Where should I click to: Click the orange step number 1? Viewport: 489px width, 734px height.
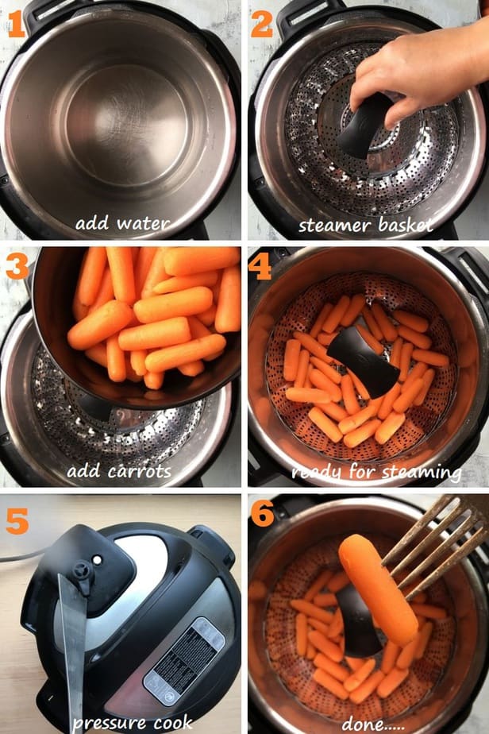pyautogui.click(x=16, y=25)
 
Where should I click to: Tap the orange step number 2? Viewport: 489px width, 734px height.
pyautogui.click(x=261, y=25)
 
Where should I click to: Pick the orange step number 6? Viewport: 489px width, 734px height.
pyautogui.click(x=263, y=513)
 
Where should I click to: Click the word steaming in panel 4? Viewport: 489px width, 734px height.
pyautogui.click(x=422, y=472)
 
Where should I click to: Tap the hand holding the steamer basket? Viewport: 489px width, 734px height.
pyautogui.click(x=417, y=70)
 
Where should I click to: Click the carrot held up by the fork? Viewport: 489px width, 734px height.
pyautogui.click(x=378, y=589)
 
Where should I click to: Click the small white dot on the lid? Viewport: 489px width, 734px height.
pyautogui.click(x=97, y=559)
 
